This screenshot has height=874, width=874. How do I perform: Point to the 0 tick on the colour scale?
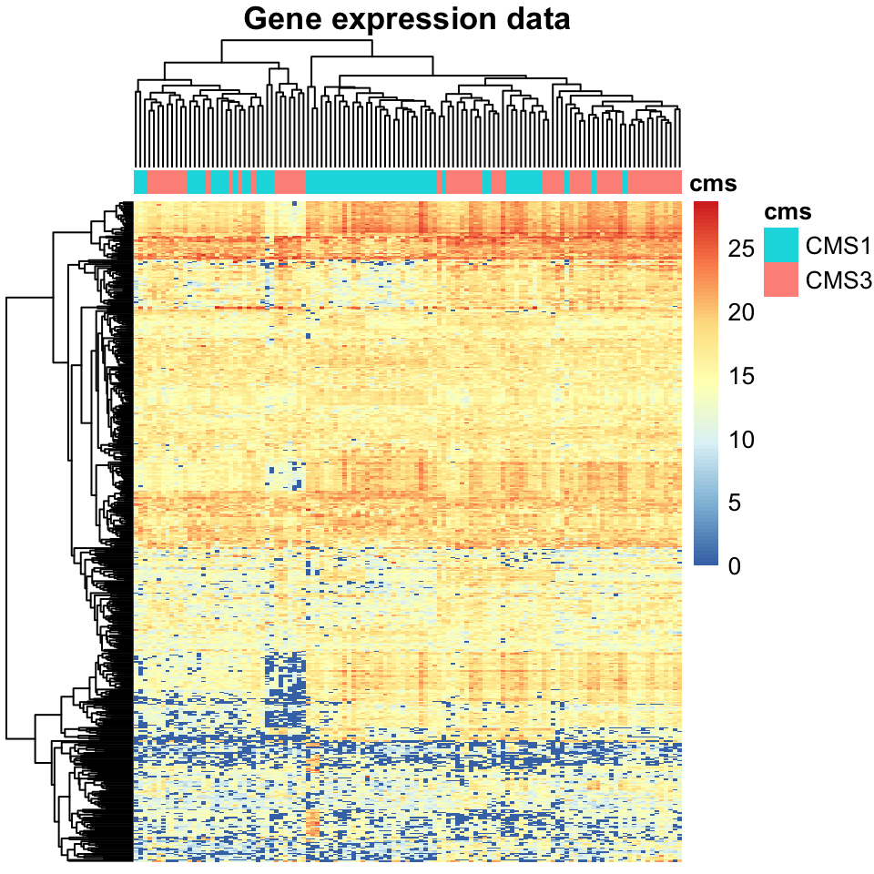(734, 565)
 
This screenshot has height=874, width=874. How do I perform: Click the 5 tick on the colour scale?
(734, 503)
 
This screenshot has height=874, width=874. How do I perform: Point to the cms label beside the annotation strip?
(713, 182)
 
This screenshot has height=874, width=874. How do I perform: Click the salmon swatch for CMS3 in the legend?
(781, 279)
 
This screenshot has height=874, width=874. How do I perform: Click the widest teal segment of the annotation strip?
(371, 182)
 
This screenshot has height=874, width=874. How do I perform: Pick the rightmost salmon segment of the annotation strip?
(655, 182)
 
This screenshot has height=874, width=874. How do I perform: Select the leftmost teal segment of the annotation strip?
(140, 182)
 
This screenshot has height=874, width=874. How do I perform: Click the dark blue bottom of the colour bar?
(706, 561)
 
